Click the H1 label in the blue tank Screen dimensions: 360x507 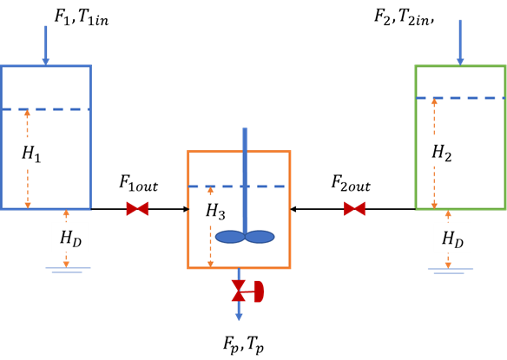[31, 154]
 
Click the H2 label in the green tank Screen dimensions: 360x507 [441, 153]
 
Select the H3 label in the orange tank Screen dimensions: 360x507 [215, 211]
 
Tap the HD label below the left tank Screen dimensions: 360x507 [69, 238]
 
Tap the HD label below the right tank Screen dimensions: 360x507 [452, 238]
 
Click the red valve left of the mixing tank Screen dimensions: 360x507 [137, 209]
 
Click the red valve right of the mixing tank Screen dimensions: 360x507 [354, 209]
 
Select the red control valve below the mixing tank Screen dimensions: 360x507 [239, 291]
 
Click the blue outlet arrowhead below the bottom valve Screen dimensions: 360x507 [239, 317]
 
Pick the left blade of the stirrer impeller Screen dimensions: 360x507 [230, 237]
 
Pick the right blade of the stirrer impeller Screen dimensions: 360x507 [260, 237]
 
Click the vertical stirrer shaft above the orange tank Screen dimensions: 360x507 [245, 139]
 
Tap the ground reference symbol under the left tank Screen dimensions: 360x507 [66, 270]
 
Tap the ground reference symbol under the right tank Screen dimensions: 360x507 [449, 270]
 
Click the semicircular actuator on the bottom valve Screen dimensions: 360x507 [259, 291]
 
